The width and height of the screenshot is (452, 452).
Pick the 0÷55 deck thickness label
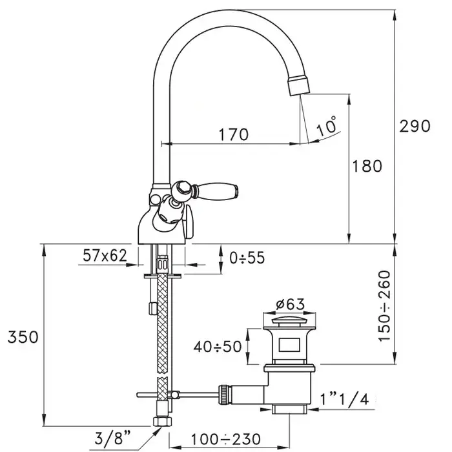tap(247, 258)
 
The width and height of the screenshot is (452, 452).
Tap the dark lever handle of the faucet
tap(225, 190)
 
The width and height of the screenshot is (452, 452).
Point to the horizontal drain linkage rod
tap(194, 393)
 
